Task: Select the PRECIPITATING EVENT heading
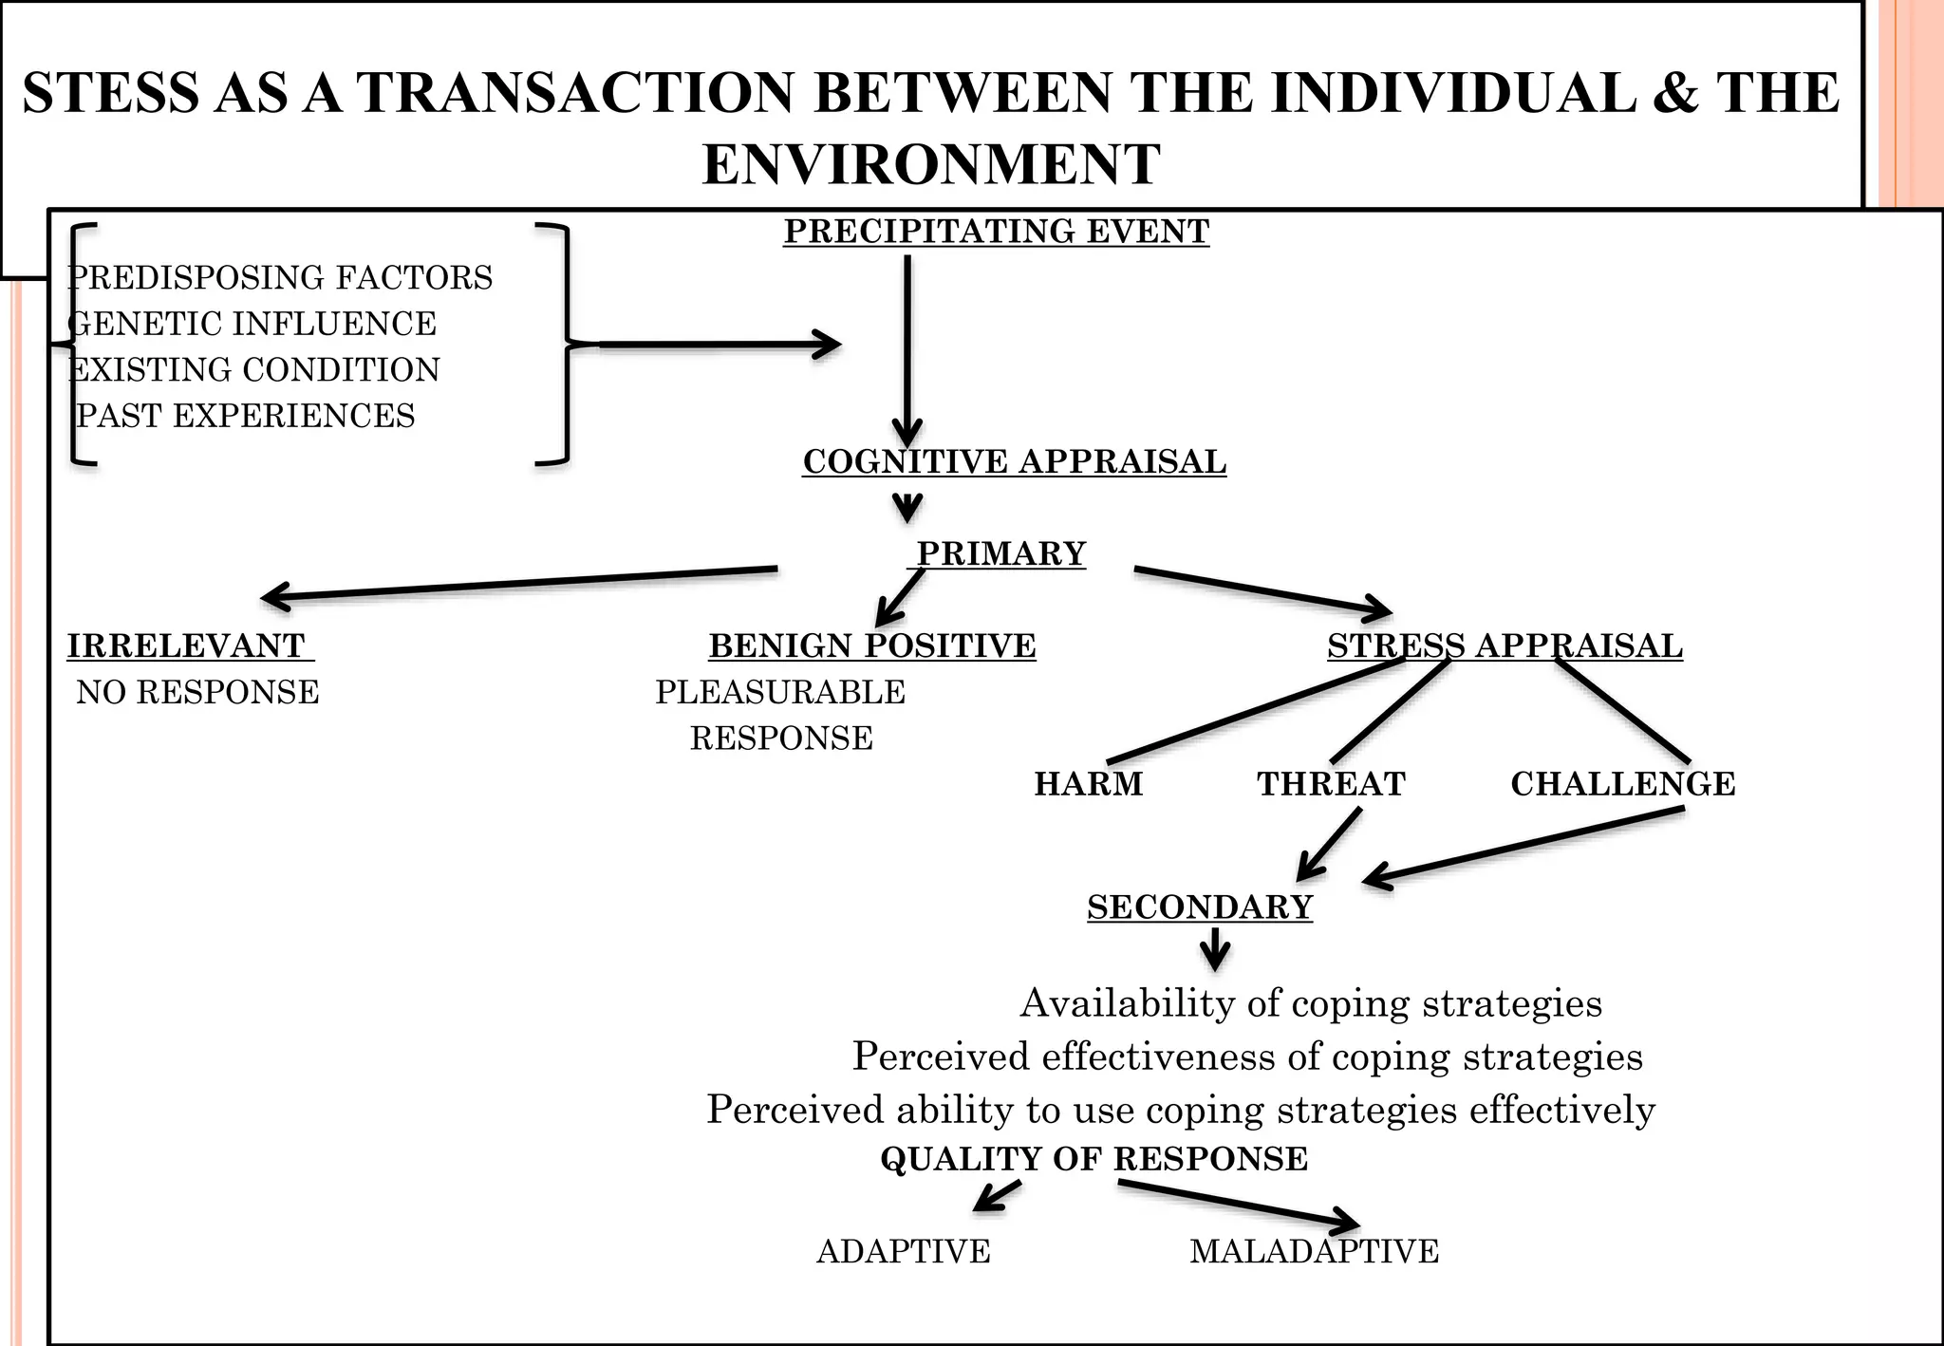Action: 996,231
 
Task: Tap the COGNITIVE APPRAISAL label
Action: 1014,461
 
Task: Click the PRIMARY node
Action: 1000,553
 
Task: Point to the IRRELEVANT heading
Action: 186,645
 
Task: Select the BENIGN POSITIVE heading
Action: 871,645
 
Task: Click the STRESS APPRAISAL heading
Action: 1505,645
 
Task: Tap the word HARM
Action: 1088,784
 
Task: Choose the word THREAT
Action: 1331,784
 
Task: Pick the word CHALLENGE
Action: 1622,784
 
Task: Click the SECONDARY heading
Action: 1200,907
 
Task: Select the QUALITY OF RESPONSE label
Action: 1093,1159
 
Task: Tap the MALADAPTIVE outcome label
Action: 1314,1251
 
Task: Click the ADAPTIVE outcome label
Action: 903,1251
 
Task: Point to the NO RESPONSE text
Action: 197,692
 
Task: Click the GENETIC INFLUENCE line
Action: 252,324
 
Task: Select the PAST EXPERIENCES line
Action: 246,416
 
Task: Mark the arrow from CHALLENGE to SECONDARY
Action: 1523,846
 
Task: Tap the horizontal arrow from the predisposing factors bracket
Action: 712,345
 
